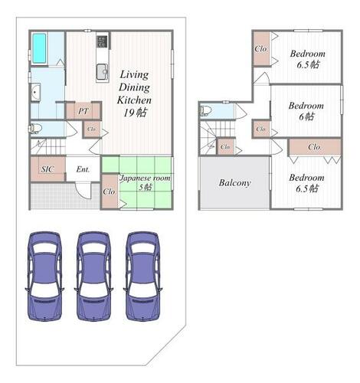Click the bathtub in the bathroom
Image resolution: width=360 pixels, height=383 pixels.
click(39, 48)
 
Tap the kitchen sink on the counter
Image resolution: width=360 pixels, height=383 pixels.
click(103, 71)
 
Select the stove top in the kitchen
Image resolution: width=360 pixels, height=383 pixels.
click(102, 41)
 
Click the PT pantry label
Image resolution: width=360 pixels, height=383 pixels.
click(83, 111)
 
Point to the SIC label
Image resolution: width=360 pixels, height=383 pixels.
click(47, 169)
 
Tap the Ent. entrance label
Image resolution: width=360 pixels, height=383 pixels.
click(83, 169)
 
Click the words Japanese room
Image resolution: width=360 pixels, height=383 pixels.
click(145, 178)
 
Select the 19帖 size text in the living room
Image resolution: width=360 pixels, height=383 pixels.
click(136, 113)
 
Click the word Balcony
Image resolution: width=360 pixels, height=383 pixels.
click(234, 183)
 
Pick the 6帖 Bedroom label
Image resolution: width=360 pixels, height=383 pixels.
click(306, 111)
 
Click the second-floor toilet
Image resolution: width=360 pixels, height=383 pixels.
click(205, 111)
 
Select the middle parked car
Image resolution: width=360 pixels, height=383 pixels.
click(93, 276)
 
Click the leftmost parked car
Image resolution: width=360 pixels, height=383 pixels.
click(44, 276)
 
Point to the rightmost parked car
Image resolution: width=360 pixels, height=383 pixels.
click(143, 276)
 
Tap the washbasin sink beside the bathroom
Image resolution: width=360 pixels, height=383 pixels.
click(36, 93)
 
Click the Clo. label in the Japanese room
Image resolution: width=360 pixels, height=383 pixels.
click(110, 191)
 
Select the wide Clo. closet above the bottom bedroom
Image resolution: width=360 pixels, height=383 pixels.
click(315, 147)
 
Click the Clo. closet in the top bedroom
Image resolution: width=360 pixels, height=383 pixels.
click(261, 48)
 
